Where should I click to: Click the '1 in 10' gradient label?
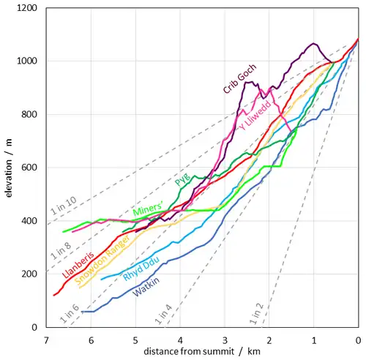63,207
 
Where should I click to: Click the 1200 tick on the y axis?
27,8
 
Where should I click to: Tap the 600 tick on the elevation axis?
29,168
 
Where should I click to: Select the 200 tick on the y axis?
29,274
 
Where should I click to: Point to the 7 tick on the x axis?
46,340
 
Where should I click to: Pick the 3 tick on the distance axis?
225,340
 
